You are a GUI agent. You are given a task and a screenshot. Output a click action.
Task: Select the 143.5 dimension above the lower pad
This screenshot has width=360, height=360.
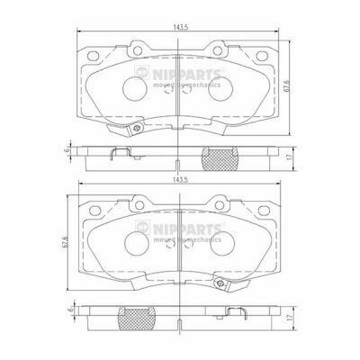tap(178, 179)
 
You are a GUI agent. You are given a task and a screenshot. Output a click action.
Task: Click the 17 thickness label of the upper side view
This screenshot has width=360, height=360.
tap(289, 157)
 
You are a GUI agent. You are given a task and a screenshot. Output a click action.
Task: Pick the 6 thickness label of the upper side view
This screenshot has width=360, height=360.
tap(67, 149)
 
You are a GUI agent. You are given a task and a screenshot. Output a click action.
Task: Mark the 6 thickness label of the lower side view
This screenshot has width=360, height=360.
tap(71, 310)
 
